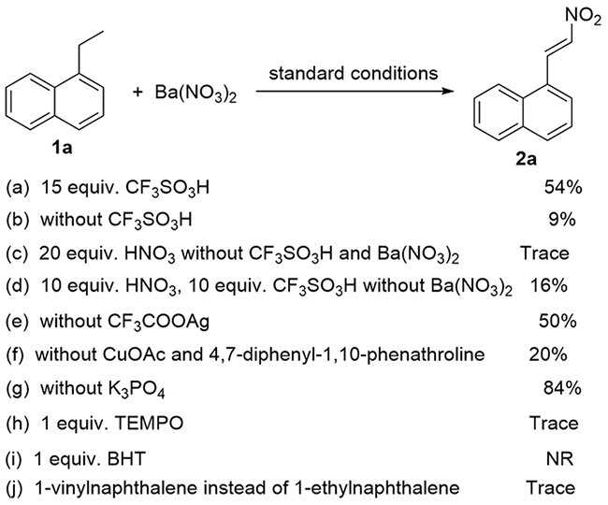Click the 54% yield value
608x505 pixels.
[x=563, y=188]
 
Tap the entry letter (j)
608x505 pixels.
[x=15, y=490]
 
